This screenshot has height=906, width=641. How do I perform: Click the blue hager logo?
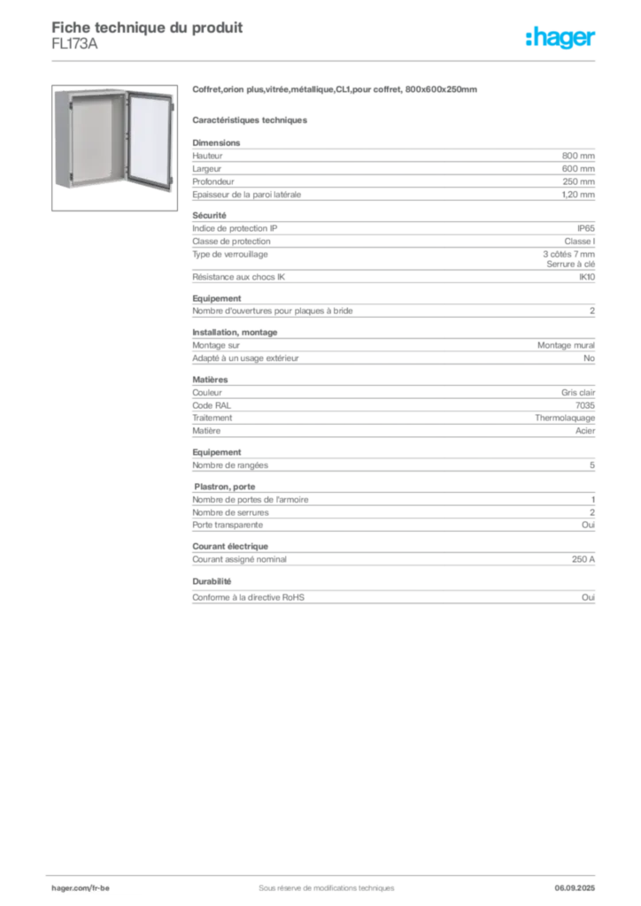coord(561,39)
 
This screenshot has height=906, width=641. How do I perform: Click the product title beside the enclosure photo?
coord(336,91)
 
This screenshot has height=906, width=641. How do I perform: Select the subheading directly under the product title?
coord(251,118)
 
